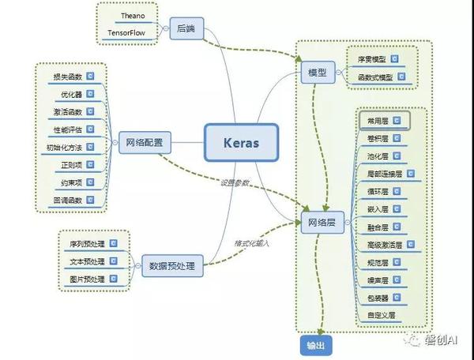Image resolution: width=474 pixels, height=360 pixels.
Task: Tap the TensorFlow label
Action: point(129,33)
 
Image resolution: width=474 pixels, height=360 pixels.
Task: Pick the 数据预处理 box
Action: point(171,267)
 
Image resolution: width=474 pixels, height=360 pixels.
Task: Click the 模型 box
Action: point(318,73)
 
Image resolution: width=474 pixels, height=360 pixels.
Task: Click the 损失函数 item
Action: point(67,77)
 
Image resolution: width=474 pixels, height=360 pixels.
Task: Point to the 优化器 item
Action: point(71,94)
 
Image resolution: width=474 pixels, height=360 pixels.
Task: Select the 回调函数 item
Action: point(67,201)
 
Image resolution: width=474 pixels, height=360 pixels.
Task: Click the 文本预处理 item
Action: point(87,261)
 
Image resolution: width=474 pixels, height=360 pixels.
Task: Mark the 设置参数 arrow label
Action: point(235,183)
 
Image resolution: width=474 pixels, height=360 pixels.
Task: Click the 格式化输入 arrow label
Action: point(251,244)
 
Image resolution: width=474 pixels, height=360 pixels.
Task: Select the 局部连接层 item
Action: point(384,173)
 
